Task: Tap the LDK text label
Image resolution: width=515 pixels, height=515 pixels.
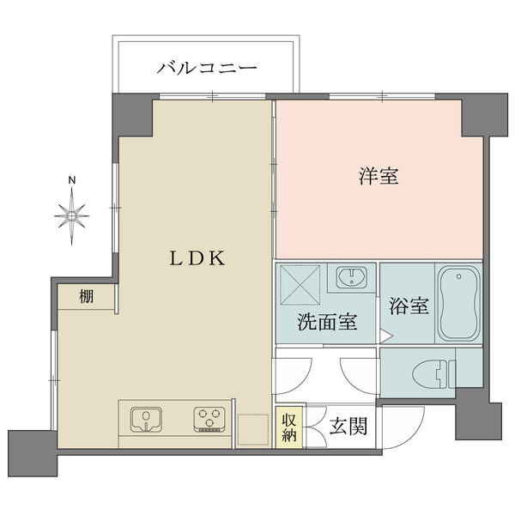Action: (x=197, y=257)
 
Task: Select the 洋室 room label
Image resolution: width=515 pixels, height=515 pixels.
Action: (x=378, y=177)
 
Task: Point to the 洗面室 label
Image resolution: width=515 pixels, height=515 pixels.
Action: (x=326, y=324)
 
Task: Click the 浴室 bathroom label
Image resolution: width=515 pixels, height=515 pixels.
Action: (x=409, y=306)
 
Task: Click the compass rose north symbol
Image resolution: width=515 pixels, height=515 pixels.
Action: (x=73, y=212)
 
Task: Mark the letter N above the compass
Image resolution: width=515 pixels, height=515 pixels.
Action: (x=73, y=180)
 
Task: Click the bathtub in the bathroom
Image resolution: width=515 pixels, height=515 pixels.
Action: (x=460, y=304)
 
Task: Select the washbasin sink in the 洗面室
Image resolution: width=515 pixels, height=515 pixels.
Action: (x=350, y=279)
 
